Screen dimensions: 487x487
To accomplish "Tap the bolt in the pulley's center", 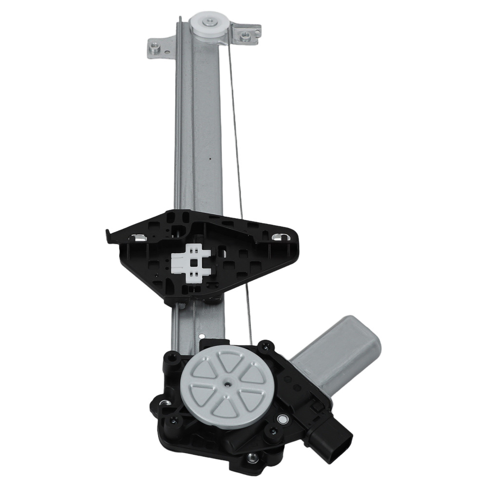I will click(x=209, y=21).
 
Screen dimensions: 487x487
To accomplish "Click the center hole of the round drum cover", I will click(x=228, y=384).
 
